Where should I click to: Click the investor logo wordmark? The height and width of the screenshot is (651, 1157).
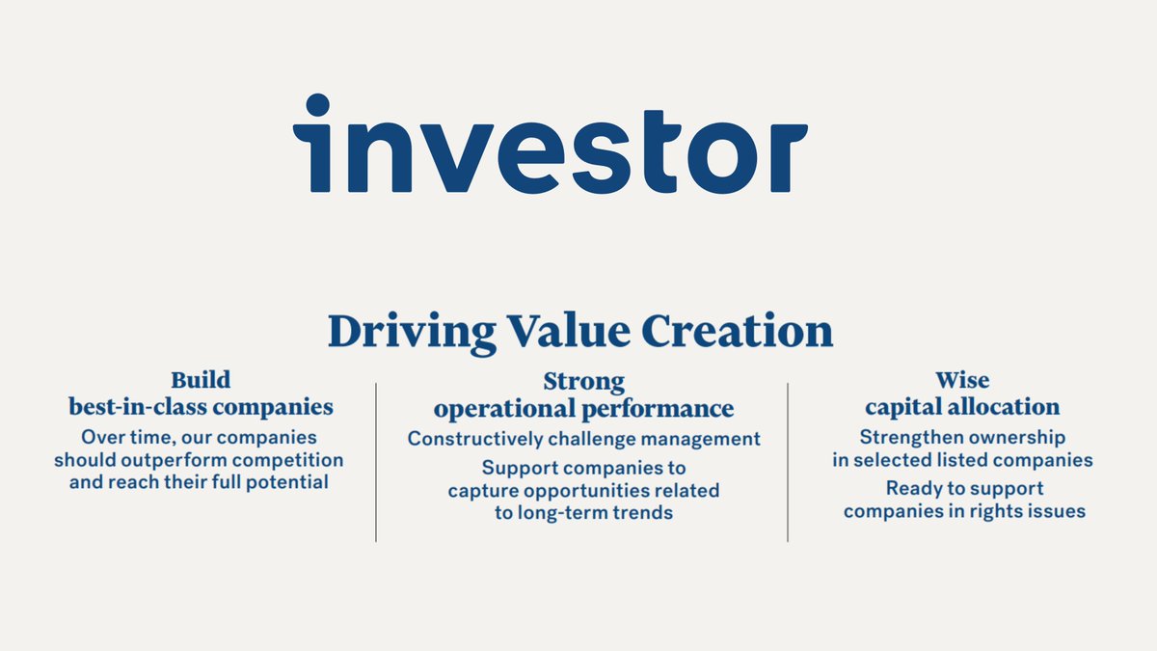click(x=550, y=145)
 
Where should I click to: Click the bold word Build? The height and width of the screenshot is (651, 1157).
click(x=201, y=380)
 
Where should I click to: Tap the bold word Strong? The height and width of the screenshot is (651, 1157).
click(x=583, y=382)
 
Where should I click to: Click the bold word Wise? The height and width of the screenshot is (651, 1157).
click(x=962, y=380)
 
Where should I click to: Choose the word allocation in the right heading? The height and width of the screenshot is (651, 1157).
click(x=1003, y=407)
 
